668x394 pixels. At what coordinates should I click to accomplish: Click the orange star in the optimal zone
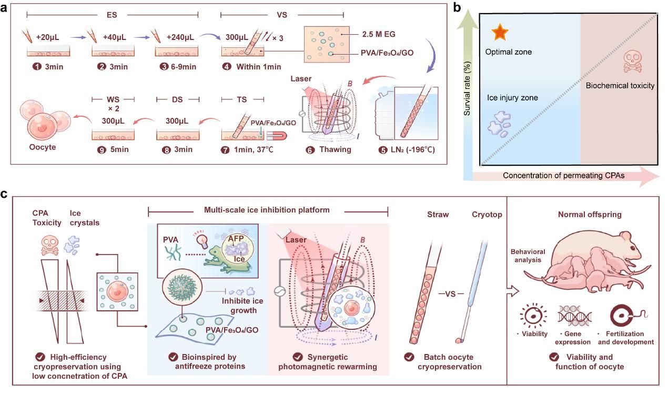click(500, 34)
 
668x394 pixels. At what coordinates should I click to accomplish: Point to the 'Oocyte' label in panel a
click(43, 147)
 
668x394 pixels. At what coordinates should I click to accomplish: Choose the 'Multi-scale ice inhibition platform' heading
click(268, 210)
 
